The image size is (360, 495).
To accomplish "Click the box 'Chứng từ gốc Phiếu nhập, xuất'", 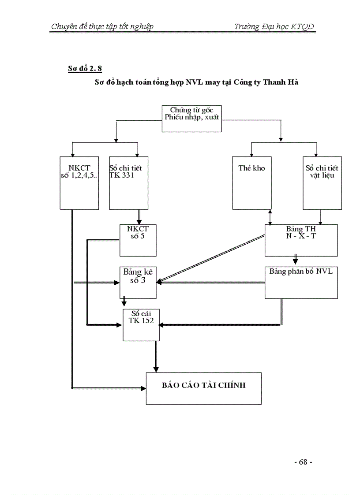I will point(191,119).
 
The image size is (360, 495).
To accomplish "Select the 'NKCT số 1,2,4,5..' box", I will point(79,182).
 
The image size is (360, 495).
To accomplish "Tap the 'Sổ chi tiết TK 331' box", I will point(128,182).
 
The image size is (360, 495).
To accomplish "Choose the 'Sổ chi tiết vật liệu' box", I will point(321,182).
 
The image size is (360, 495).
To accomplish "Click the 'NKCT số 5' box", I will point(138,240).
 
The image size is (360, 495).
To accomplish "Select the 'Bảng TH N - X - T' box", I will point(301,240).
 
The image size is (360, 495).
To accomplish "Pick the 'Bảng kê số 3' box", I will point(138,283).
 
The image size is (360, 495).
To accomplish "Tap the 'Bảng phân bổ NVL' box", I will point(301,283).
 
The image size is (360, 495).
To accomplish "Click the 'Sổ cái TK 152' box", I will point(141,325).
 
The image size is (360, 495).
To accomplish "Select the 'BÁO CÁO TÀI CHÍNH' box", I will point(203,388).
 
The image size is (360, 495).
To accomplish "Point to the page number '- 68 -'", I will point(303,462).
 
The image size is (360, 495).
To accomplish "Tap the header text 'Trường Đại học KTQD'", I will point(274,27).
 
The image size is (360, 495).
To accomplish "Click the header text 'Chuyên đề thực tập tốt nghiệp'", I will point(102,27).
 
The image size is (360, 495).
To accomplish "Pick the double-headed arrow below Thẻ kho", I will point(270,217).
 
